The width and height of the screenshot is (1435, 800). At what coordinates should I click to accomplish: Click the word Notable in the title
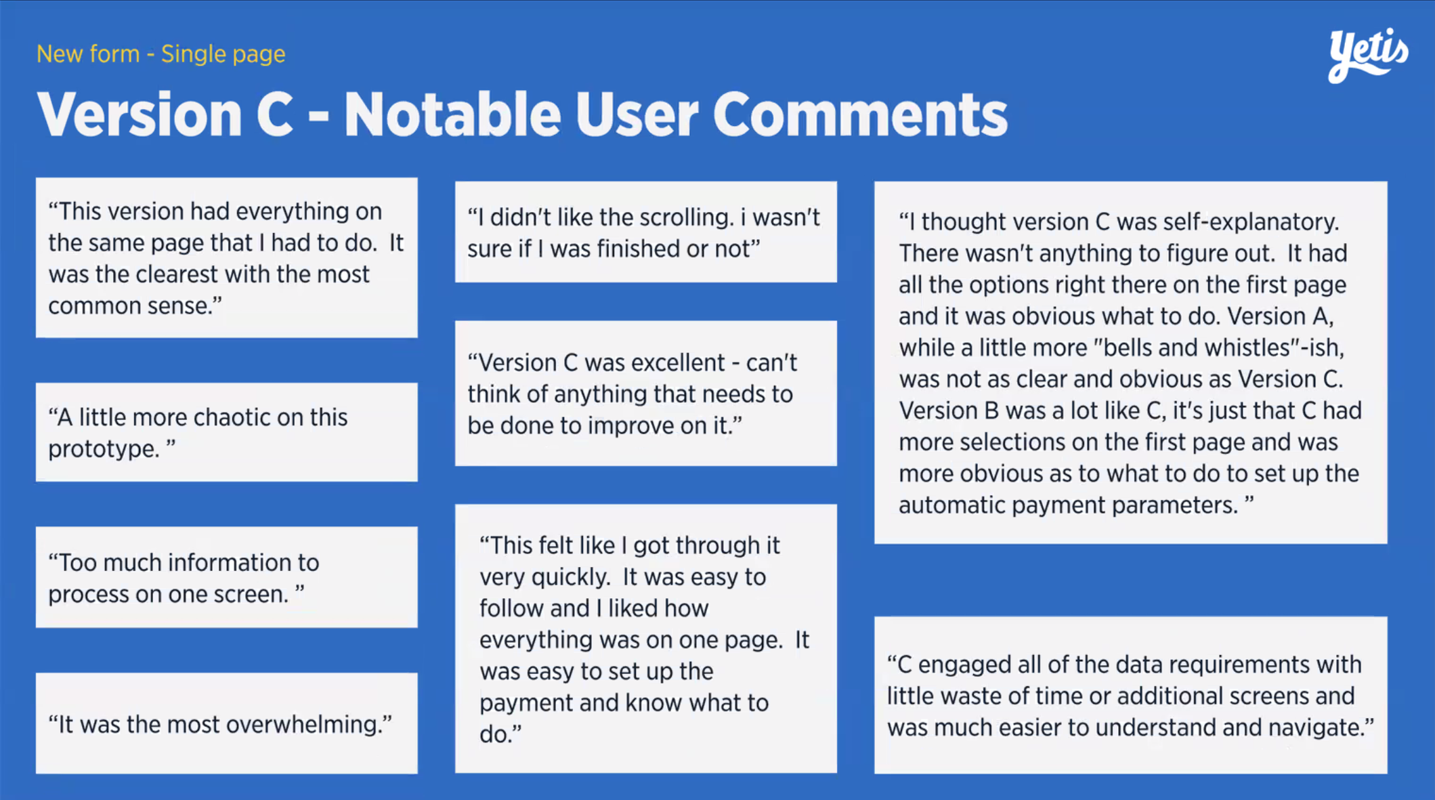(452, 114)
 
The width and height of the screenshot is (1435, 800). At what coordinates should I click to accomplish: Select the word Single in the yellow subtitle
(193, 54)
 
